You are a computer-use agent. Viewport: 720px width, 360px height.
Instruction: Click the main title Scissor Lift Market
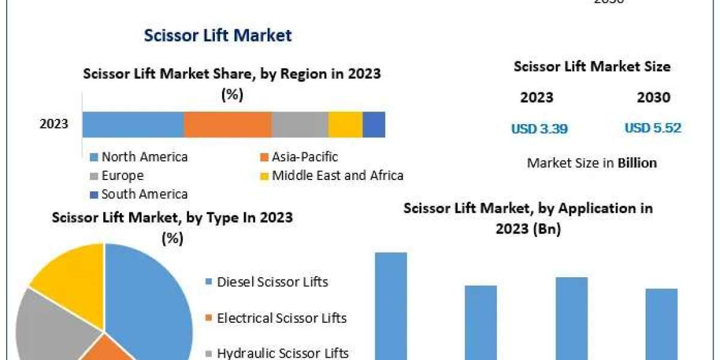[x=218, y=35]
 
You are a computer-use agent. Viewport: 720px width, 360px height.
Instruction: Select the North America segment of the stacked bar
[x=133, y=125]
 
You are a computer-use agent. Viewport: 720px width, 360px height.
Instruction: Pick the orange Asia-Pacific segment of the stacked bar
[x=227, y=125]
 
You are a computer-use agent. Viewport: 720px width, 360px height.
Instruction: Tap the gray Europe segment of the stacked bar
[x=299, y=125]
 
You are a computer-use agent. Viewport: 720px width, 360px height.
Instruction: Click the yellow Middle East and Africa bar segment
[x=345, y=125]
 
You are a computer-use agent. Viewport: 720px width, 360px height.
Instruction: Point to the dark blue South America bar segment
[x=374, y=125]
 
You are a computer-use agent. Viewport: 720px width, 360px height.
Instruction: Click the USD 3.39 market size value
[x=539, y=128]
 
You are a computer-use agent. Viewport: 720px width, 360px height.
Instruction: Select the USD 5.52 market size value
[x=653, y=128]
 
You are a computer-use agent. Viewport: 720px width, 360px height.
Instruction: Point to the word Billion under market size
[x=636, y=163]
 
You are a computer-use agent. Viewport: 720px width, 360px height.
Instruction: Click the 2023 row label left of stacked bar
[x=54, y=125]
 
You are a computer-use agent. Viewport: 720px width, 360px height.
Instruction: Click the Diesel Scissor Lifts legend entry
[x=272, y=282]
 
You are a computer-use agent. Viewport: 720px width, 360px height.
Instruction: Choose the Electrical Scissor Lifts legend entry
[x=281, y=318]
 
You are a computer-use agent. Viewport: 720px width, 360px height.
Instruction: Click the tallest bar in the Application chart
[x=391, y=306]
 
